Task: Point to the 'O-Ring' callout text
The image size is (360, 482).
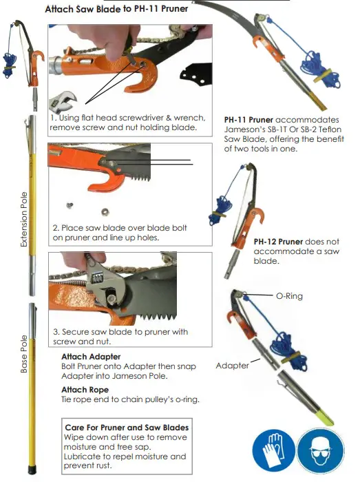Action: (x=289, y=296)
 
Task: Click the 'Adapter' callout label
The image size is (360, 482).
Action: (x=232, y=365)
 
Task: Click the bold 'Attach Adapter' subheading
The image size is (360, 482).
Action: (x=91, y=357)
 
